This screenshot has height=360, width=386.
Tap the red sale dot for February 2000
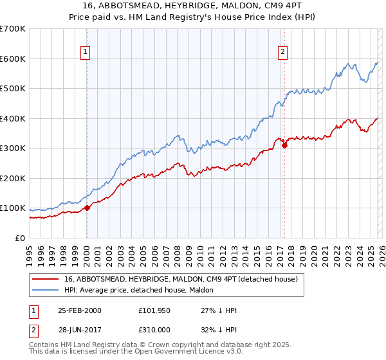pos(87,208)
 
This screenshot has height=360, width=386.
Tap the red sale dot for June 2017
pos(284,146)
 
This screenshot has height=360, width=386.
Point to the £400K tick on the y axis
pos(14,118)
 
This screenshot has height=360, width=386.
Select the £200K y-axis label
pos(14,178)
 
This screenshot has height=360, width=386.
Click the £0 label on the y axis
pos(21,238)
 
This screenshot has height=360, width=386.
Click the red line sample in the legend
pos(46,280)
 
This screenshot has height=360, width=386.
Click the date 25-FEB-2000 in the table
pos(80,310)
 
